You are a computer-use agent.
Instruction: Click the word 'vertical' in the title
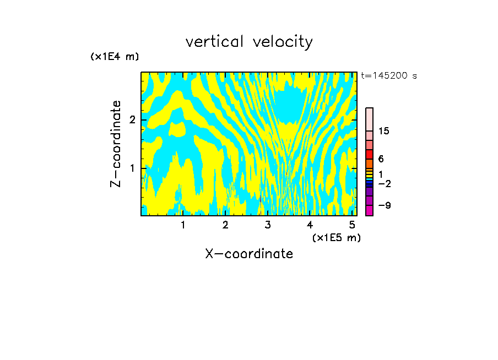[x=213, y=42]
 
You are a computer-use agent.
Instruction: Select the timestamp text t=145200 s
[x=388, y=75]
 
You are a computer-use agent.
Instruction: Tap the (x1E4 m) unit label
[x=115, y=57]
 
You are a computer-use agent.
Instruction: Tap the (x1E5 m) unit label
[x=336, y=237]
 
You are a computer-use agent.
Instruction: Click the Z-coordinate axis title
[x=116, y=144]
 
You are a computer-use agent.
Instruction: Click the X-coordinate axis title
[x=249, y=254]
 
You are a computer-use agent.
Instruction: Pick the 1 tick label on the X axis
[x=183, y=225]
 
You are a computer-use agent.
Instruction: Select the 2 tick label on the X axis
[x=225, y=225]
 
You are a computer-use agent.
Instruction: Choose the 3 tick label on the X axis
[x=268, y=225]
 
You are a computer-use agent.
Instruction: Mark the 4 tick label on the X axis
[x=310, y=225]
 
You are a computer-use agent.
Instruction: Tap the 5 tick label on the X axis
[x=352, y=225]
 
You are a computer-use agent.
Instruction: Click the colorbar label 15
[x=384, y=131]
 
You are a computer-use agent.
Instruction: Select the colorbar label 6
[x=381, y=159]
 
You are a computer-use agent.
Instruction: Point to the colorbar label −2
[x=384, y=183]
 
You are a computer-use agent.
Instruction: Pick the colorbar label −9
[x=384, y=205]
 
